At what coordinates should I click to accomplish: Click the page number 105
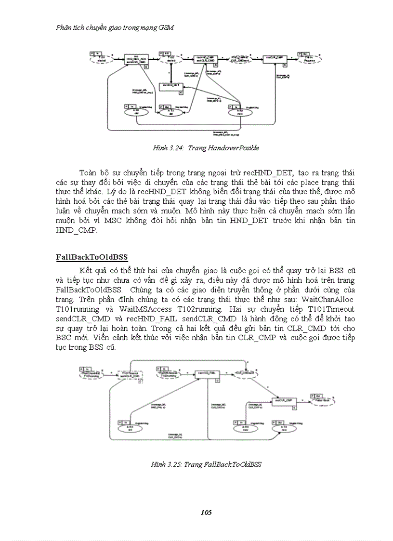(x=206, y=512)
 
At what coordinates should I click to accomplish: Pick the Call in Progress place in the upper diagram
(x=309, y=59)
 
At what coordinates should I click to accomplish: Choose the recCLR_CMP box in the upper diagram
(x=275, y=58)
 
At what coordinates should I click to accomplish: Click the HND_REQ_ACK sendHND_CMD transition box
(x=135, y=60)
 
